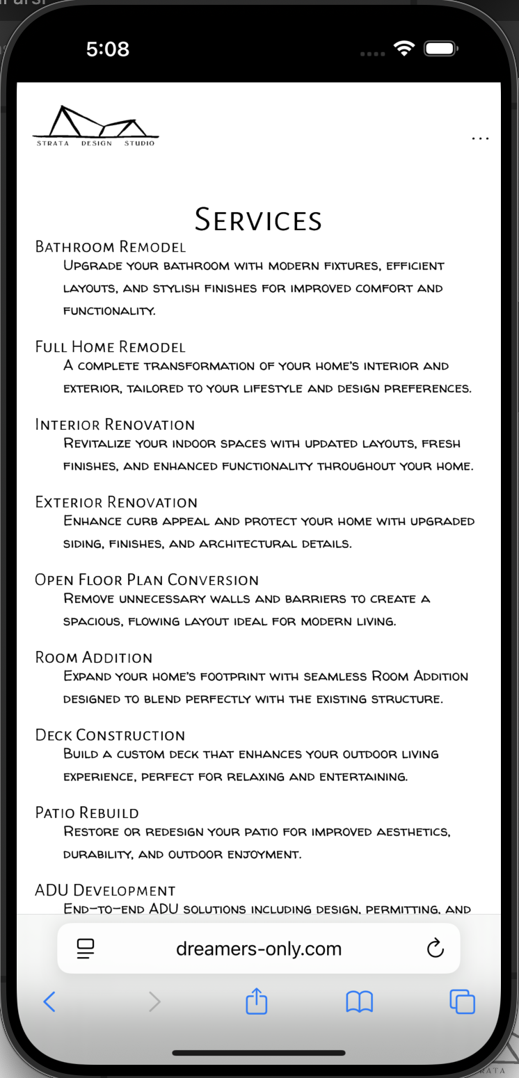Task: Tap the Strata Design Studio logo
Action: point(96,126)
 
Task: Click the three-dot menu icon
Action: point(480,138)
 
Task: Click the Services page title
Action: point(258,220)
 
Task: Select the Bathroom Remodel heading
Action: point(111,247)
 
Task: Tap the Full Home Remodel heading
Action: point(111,347)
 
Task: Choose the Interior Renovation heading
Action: point(115,425)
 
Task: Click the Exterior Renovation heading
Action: point(116,502)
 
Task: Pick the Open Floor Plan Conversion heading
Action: point(147,580)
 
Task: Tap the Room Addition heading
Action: point(94,658)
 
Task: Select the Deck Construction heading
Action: point(110,735)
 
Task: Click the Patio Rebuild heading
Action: point(87,813)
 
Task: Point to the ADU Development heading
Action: point(105,890)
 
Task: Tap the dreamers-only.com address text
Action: point(259,949)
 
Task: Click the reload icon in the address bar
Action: point(435,948)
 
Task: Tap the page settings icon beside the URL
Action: point(86,949)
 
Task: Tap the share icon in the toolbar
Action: point(257,1001)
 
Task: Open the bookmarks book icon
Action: point(359,1001)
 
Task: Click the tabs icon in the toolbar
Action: point(462,1001)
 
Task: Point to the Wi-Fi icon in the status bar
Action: point(403,49)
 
